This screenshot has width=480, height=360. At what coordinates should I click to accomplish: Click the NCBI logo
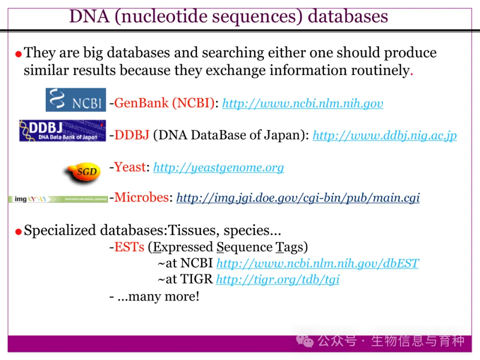coord(76,100)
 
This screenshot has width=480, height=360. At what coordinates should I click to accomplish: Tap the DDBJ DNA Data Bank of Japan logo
coord(63,131)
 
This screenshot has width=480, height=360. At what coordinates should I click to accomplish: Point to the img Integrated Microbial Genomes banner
coord(58,199)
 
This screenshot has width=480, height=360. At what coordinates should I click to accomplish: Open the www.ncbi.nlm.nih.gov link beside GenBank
coord(303,104)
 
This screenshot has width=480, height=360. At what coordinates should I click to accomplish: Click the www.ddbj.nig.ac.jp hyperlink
coord(385,135)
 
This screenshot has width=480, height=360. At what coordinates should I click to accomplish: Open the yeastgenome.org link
coord(219,168)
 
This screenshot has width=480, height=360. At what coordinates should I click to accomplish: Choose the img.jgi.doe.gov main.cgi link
coord(298,198)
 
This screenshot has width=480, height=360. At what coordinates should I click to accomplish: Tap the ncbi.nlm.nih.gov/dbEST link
coord(317,263)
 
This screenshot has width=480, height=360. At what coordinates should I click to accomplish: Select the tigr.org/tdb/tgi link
coord(278,280)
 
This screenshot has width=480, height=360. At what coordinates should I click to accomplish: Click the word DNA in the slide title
coord(89,16)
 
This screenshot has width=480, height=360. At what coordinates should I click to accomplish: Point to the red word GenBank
coord(141,103)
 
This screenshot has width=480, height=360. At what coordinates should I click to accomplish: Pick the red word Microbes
coord(141,197)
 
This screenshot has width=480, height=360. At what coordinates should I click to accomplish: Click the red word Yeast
coord(130,167)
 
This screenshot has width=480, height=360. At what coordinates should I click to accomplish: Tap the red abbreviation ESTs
coord(129,247)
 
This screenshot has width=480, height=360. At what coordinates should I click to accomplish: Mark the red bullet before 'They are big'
coord(18,55)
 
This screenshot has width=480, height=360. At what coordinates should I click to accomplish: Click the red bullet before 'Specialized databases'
coord(18,232)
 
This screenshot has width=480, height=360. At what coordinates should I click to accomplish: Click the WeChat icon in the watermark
coord(304,341)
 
